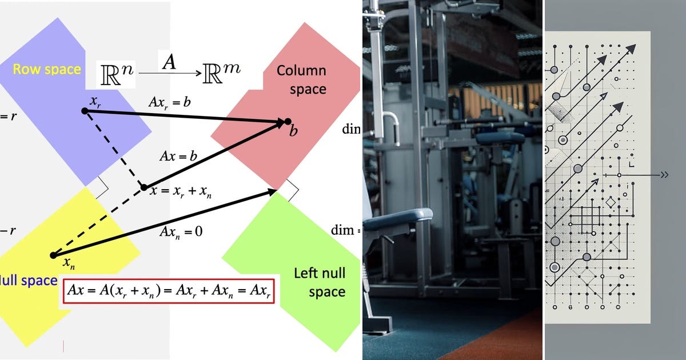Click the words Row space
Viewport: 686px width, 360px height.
tap(47, 69)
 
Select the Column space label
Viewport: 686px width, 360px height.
tap(301, 80)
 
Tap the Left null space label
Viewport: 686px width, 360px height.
tap(320, 282)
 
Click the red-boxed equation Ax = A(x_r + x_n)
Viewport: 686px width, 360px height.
tap(169, 290)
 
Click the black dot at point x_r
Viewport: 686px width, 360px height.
tap(85, 111)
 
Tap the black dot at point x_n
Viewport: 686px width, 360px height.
tap(53, 255)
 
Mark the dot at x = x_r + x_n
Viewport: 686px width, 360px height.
tap(144, 187)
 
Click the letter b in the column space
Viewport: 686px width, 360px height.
tap(293, 131)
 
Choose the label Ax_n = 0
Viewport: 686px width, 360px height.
tap(182, 232)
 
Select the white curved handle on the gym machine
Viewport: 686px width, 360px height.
tap(391, 120)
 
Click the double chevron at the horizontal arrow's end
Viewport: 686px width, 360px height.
tap(664, 175)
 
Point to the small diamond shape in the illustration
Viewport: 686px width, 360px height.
tap(610, 203)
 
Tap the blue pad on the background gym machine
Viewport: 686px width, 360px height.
tap(500, 138)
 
